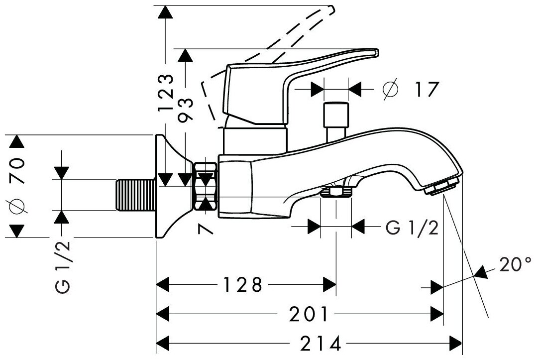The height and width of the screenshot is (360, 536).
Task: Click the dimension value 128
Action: (x=242, y=285)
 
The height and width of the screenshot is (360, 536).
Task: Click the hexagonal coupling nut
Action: (x=206, y=189)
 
